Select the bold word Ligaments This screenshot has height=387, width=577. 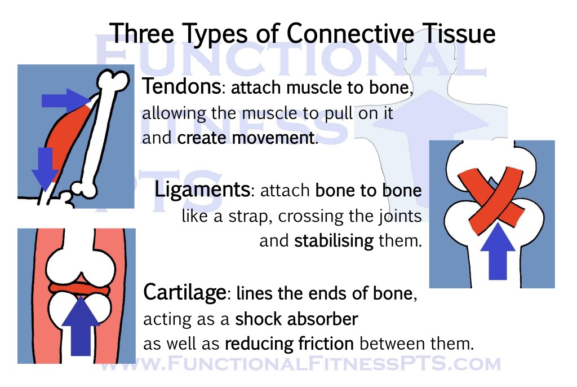tap(202, 190)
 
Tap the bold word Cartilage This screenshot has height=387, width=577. tap(185, 293)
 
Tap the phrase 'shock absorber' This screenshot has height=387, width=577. tap(296, 319)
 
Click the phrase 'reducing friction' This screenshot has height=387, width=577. tap(290, 344)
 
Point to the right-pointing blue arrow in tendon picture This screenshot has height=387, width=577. tap(63, 100)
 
